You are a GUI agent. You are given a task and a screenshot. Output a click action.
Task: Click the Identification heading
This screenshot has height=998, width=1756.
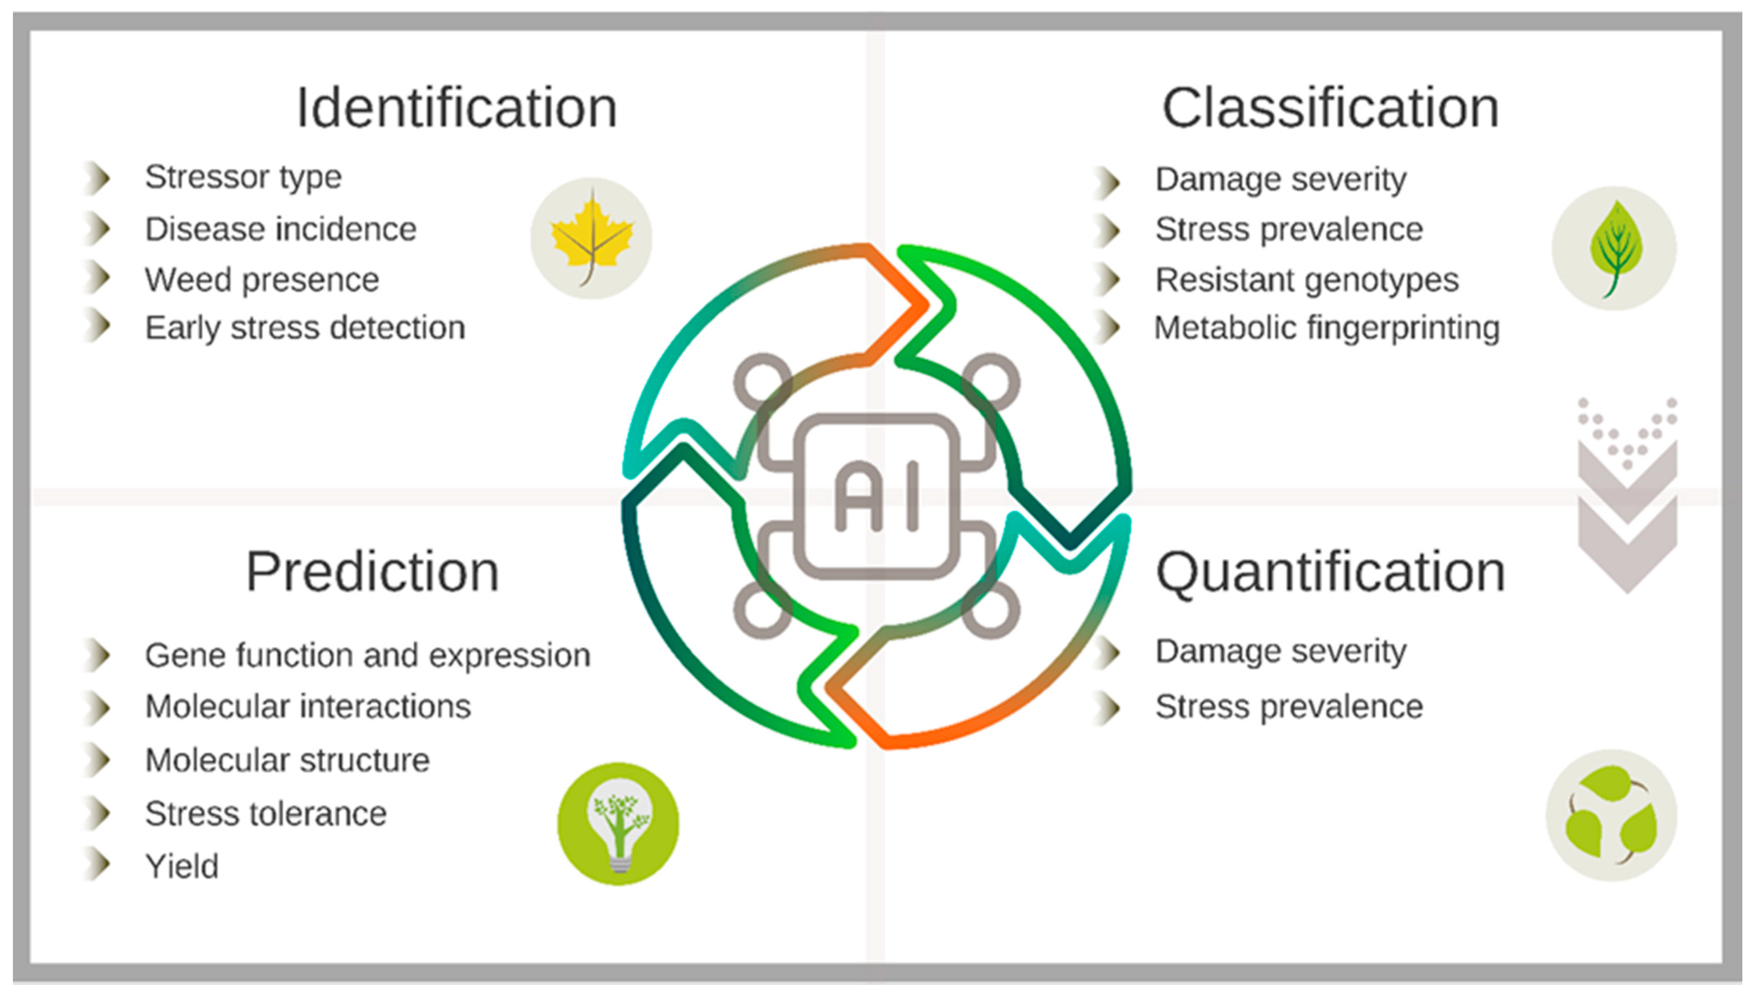456,108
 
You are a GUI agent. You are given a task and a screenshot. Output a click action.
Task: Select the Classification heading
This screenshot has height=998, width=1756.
1330,108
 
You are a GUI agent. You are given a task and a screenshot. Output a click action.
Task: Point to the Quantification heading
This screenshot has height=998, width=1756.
1330,573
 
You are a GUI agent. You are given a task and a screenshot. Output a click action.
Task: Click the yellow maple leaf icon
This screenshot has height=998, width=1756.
591,238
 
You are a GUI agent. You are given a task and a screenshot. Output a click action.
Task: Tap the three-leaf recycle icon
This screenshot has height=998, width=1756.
1611,816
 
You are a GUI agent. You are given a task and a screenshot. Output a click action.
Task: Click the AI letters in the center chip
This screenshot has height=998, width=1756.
876,496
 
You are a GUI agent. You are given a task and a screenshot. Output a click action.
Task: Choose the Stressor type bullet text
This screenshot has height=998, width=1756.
243,177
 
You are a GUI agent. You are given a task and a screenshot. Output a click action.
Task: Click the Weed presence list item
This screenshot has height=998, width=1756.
262,280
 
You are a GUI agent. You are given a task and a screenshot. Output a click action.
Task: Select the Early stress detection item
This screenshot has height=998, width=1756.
305,328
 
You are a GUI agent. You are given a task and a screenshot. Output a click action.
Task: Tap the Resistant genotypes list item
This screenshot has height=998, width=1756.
1307,280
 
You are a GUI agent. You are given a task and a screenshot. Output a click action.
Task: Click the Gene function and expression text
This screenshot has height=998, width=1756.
367,655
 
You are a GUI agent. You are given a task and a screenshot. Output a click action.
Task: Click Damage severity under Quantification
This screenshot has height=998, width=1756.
1280,651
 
